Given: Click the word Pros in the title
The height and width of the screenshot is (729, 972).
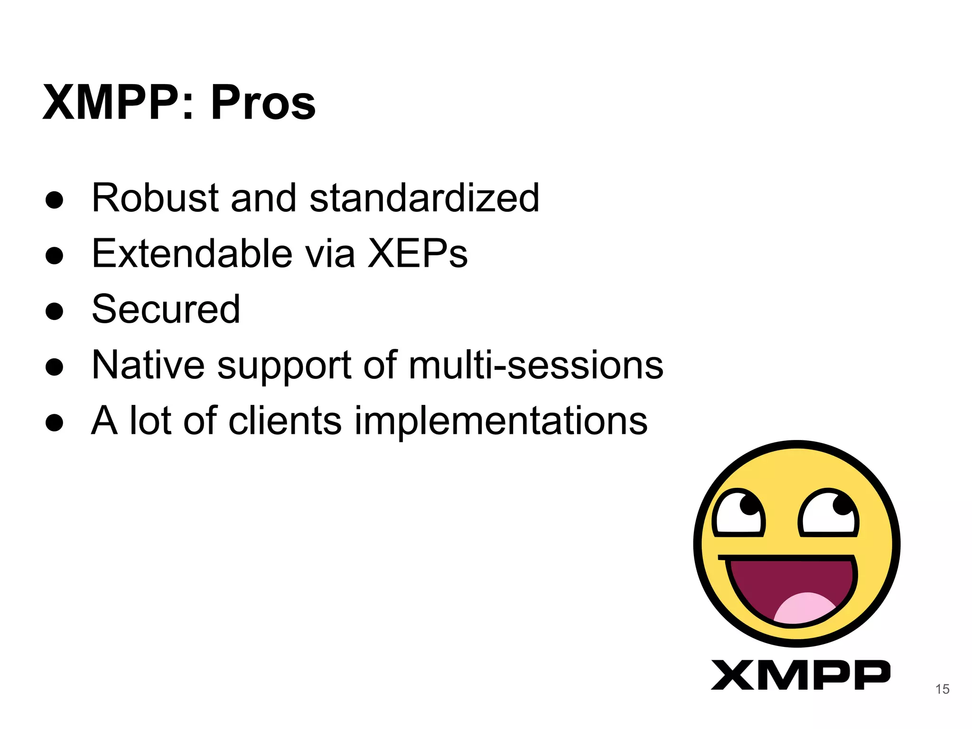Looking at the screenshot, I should (263, 103).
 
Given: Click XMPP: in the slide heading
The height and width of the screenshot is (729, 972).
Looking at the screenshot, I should (119, 103).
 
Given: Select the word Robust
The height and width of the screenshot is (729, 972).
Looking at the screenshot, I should (155, 198).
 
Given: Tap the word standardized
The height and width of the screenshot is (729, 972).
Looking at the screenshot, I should (424, 198).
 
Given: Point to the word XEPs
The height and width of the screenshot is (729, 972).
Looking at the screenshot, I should (418, 253).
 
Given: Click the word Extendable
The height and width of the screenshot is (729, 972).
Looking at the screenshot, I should (192, 253).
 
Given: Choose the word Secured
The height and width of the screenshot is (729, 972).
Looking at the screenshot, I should (166, 309).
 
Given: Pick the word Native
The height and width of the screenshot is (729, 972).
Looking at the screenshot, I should (148, 365).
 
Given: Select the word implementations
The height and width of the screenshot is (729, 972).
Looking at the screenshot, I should (501, 421).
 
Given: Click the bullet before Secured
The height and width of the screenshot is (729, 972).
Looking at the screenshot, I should (55, 311).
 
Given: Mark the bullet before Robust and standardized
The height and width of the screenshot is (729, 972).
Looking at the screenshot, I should (55, 200).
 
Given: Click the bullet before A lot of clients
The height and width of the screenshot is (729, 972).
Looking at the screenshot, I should (55, 422).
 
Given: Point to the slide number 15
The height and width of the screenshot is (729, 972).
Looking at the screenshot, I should (942, 689).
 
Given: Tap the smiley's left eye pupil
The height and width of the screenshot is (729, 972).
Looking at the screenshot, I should (749, 505).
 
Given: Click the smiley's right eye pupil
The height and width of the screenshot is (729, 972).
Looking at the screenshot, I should (842, 505).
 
